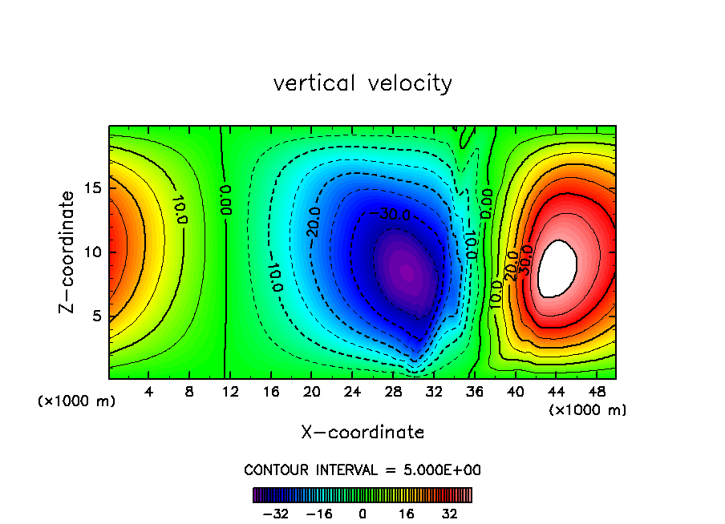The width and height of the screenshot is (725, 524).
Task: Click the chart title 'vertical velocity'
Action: [x=362, y=83]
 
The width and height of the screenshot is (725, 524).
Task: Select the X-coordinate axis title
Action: [x=362, y=433]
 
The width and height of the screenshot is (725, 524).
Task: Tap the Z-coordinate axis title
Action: [x=70, y=252]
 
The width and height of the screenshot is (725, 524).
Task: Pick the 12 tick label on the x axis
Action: [x=230, y=393]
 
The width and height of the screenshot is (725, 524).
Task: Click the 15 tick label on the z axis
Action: [x=93, y=187]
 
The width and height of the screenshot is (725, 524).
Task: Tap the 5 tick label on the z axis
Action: [x=97, y=316]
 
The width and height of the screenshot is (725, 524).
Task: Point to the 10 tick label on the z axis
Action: [x=93, y=252]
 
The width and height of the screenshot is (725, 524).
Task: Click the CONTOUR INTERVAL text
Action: [x=362, y=470]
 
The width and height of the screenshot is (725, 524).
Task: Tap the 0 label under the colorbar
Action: [x=362, y=514]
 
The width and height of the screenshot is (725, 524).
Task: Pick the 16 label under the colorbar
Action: [x=407, y=514]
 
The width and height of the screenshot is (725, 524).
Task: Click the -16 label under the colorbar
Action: [x=319, y=514]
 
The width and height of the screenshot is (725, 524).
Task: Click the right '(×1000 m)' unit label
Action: [x=588, y=410]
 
